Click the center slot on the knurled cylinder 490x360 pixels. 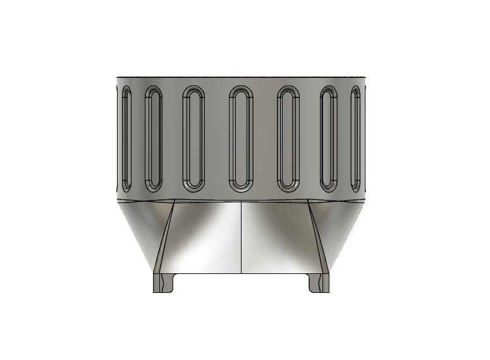point(241,139)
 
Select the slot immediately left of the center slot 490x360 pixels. point(193,139)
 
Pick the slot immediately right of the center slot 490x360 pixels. point(288,139)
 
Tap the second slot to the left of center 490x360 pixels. point(154,139)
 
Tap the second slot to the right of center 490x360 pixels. point(329,139)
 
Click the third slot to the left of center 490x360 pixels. point(127,139)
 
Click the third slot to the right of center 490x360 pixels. point(355,139)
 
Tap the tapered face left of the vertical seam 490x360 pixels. point(202,240)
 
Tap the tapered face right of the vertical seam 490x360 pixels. point(278,240)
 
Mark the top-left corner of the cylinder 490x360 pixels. point(118,78)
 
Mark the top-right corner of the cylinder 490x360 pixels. point(365,78)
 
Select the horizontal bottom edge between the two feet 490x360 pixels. point(242,273)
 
